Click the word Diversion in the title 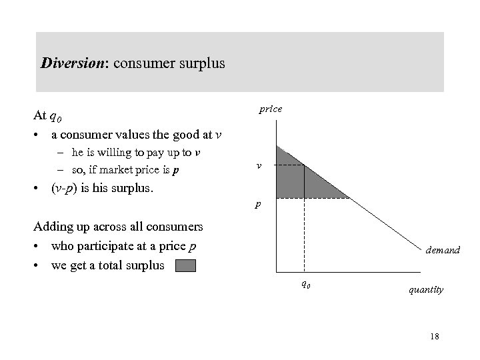[x=69, y=64]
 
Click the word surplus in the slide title [x=203, y=64]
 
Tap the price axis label [x=270, y=109]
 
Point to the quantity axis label [x=427, y=290]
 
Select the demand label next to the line [x=443, y=249]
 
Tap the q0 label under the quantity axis [x=304, y=283]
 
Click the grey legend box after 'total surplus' [x=186, y=266]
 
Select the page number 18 [x=435, y=337]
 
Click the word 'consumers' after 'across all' [x=175, y=227]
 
